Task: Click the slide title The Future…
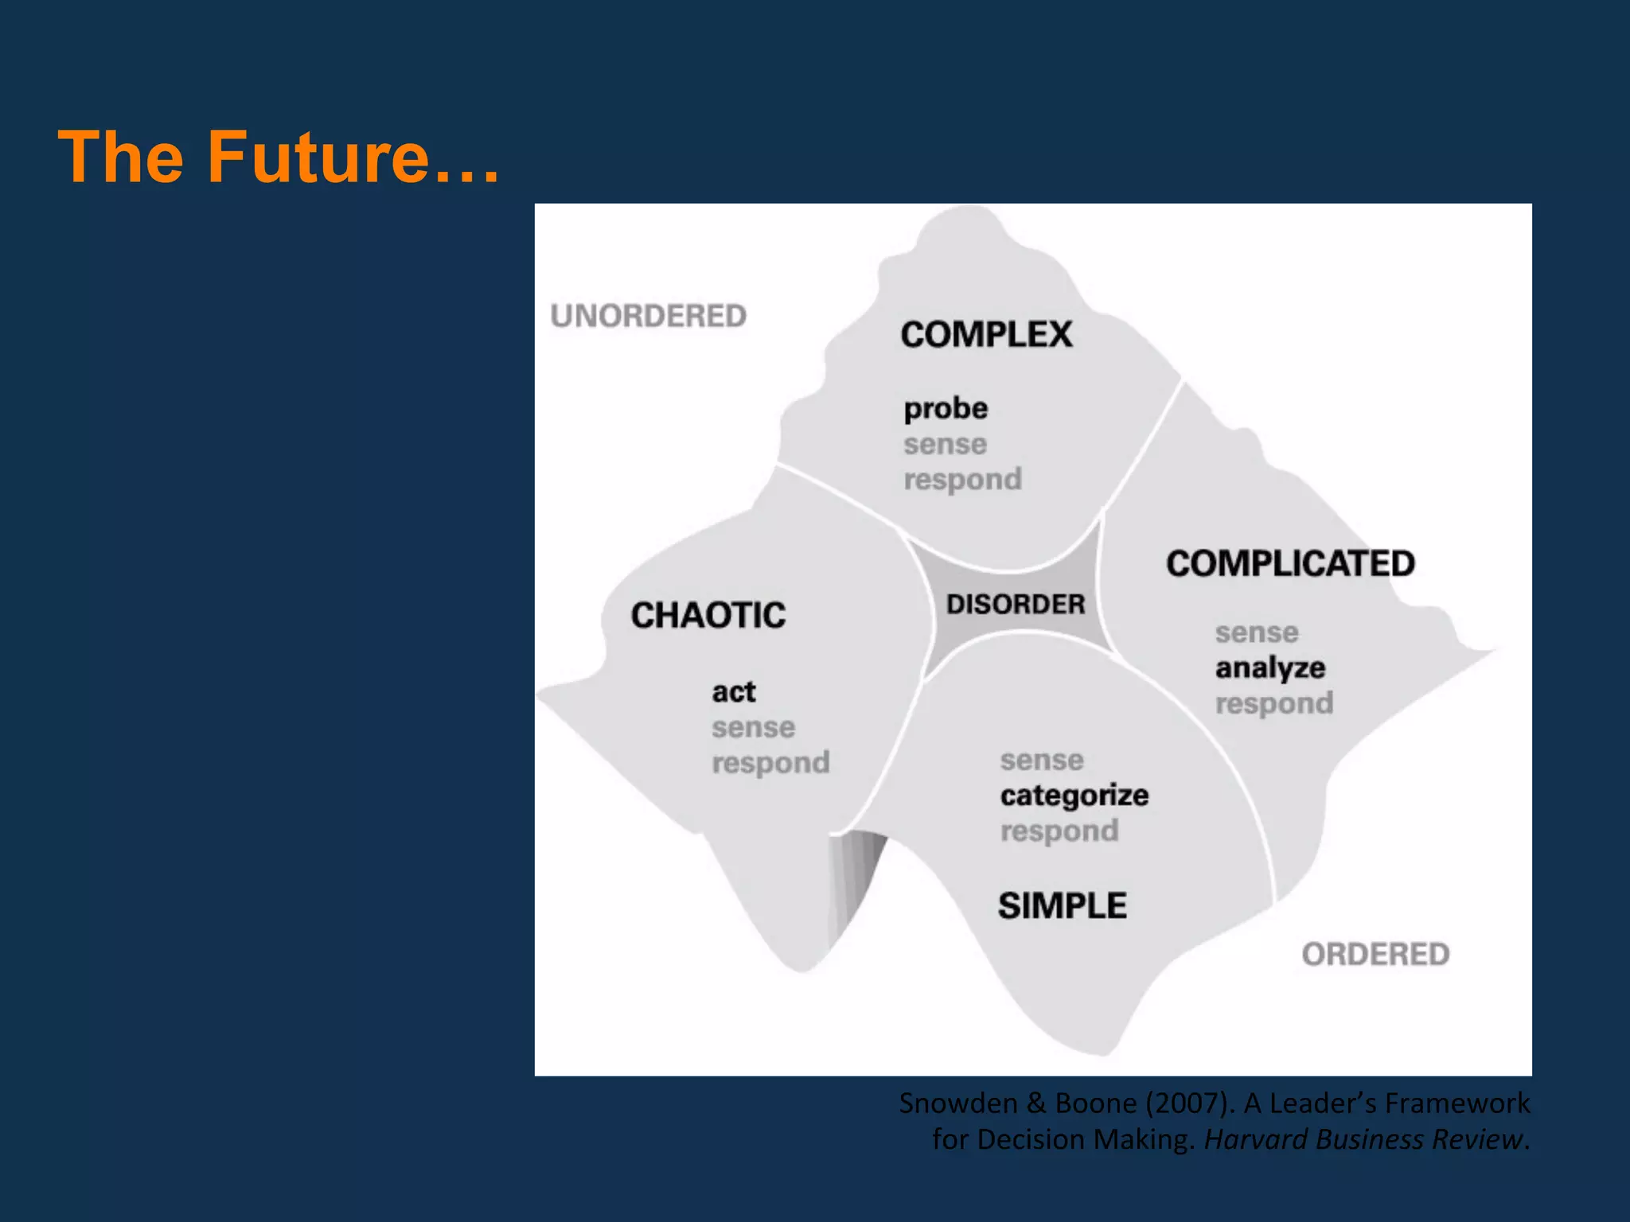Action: (279, 157)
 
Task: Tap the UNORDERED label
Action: (648, 316)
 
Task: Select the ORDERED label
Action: (1375, 954)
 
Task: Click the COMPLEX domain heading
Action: (986, 334)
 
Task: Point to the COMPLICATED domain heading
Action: (1290, 563)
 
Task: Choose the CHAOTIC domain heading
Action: (708, 615)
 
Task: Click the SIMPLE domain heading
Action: (1063, 905)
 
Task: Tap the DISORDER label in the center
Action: (1016, 604)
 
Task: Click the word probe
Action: (946, 409)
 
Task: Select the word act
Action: (733, 691)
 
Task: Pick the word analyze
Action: (1270, 667)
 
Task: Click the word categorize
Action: (1074, 795)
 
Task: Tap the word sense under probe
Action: (945, 444)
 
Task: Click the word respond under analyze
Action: (1274, 703)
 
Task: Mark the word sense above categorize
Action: (1042, 760)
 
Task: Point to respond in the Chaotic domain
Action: (770, 763)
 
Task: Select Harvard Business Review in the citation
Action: (1363, 1139)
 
